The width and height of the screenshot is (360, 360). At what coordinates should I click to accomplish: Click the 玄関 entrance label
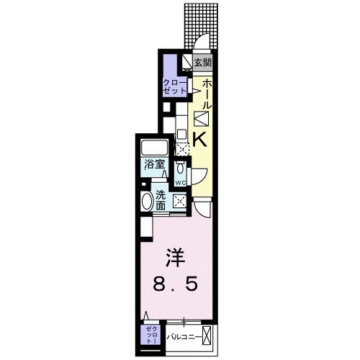point(203,63)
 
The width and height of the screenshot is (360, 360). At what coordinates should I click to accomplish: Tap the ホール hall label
point(204,94)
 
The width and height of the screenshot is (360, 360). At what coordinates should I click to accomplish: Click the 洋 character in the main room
point(173,256)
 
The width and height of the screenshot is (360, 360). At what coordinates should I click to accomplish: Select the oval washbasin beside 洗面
point(148,202)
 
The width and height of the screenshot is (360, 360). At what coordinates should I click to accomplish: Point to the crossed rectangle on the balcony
point(208,335)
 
